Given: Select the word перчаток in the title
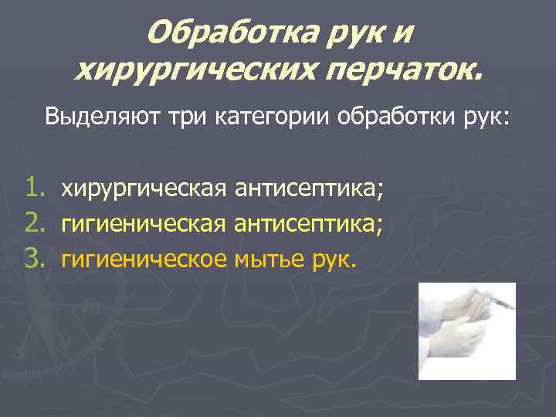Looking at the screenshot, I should pyautogui.click(x=402, y=71).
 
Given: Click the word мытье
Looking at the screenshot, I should pyautogui.click(x=271, y=260).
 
